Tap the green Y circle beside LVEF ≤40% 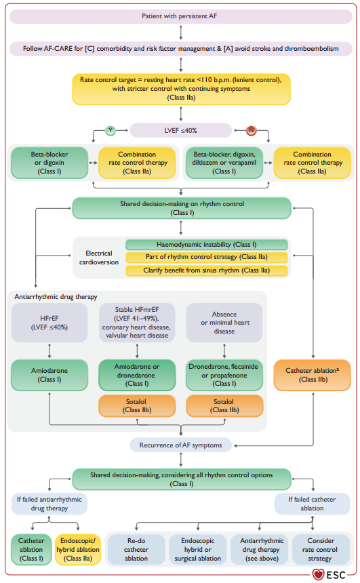pos(111,131)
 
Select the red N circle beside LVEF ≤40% pos(251,131)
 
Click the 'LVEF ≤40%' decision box pos(181,131)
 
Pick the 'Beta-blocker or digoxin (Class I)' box pos(49,163)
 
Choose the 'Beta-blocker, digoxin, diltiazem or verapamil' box pos(224,163)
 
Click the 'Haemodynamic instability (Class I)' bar pos(206,244)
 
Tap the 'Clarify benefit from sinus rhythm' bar pos(206,270)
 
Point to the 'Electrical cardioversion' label pos(99,258)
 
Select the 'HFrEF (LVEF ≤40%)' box pos(49,323)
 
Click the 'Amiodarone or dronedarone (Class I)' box pos(137,375)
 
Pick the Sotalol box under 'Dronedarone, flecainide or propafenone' pos(224,405)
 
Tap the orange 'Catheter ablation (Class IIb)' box pos(313,375)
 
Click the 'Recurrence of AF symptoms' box pos(181,445)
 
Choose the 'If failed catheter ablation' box pos(313,504)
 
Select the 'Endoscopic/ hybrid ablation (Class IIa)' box pos(78,550)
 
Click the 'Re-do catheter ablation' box pos(136,550)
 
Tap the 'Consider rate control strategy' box pos(321,550)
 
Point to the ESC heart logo pos(318,575)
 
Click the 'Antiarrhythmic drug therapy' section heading pos(56,297)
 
